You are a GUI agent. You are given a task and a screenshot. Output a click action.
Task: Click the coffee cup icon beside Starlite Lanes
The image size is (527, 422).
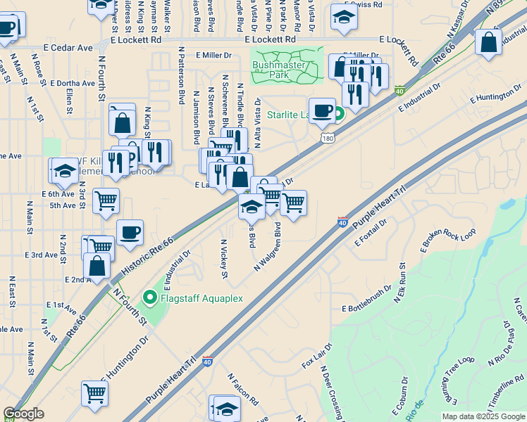pyautogui.click(x=322, y=110)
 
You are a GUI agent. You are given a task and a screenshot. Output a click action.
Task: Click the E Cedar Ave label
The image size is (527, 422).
pyautogui.click(x=69, y=49)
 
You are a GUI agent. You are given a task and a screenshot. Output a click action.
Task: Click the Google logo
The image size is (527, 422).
pyautogui.click(x=24, y=414)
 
